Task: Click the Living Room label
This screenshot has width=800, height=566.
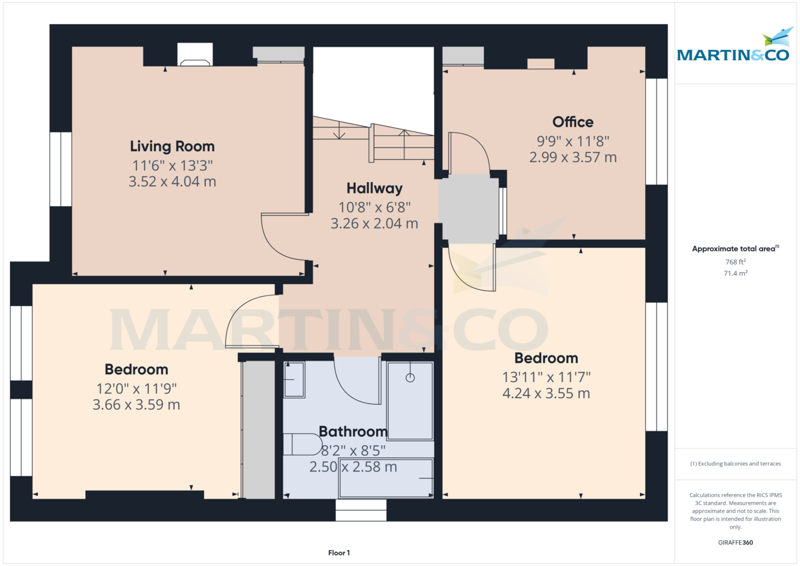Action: [x=172, y=147]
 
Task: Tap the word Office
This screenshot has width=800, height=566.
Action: [x=573, y=122]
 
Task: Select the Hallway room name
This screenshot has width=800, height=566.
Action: [x=374, y=188]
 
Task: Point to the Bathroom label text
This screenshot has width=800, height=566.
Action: [x=353, y=431]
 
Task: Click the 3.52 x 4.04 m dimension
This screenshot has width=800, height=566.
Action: [x=172, y=181]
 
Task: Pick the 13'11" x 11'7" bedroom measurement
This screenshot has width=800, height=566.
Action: [x=546, y=377]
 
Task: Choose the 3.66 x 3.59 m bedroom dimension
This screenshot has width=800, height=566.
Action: [x=136, y=405]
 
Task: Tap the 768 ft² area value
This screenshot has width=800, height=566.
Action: [x=735, y=262]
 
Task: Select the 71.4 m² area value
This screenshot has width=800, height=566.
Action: [x=735, y=273]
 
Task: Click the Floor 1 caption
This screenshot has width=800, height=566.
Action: [x=339, y=553]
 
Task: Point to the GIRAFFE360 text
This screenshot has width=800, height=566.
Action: [x=735, y=543]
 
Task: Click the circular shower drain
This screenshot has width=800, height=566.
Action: [x=410, y=378]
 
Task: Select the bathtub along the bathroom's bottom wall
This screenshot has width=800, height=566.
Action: [x=386, y=478]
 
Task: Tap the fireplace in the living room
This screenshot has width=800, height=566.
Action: [x=195, y=56]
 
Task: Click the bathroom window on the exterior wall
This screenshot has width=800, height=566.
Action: [x=361, y=511]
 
